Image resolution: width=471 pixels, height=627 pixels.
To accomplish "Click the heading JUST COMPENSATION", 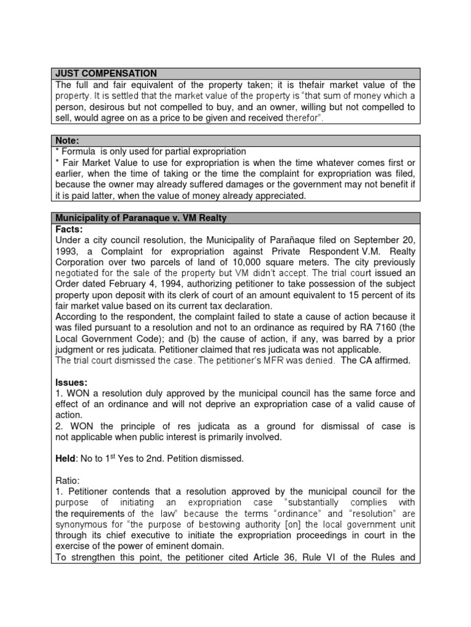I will tap(106, 73).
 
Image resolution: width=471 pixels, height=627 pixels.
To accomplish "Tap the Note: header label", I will tap(67, 140).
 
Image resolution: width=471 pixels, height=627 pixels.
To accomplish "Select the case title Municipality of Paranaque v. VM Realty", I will tap(142, 218).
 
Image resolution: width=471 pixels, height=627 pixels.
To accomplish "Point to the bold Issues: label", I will tap(72, 383).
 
